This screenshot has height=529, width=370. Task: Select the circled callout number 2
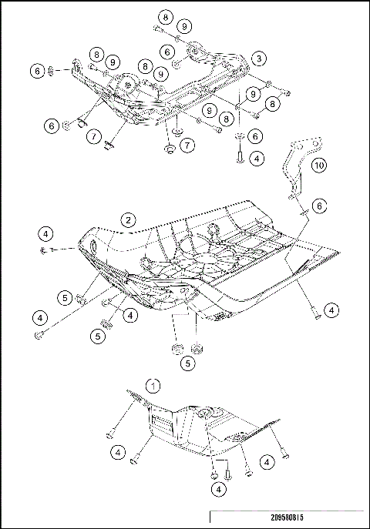pyautogui.click(x=129, y=219)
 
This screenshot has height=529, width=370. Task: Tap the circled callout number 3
pyautogui.click(x=260, y=58)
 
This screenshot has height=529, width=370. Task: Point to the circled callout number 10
pyautogui.click(x=319, y=165)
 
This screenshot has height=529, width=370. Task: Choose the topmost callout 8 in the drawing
pyautogui.click(x=166, y=16)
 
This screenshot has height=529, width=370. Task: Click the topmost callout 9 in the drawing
pyautogui.click(x=183, y=26)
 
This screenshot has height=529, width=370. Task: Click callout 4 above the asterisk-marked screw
pyautogui.click(x=46, y=233)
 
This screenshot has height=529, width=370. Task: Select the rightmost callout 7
pyautogui.click(x=187, y=145)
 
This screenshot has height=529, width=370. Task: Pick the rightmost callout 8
pyautogui.click(x=272, y=102)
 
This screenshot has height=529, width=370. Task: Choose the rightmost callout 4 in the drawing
pyautogui.click(x=331, y=310)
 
